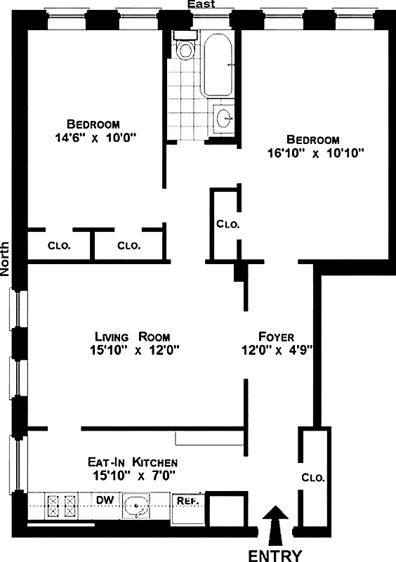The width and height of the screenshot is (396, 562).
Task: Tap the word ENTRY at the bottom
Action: pos(275,555)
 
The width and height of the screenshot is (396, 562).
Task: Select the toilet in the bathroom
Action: pos(185,49)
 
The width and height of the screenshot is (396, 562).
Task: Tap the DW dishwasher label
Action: pos(104,499)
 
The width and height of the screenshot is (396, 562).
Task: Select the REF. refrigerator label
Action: pos(185,501)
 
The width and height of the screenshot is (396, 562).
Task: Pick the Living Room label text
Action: pos(133,336)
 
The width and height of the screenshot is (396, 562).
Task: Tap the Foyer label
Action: pos(276,336)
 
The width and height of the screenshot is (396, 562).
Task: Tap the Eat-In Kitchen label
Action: pos(132,462)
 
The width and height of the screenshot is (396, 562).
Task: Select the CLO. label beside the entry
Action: pos(313,477)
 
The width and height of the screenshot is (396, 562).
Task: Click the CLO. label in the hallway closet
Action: pos(227,225)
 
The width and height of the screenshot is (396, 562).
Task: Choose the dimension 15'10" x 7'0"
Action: pos(132,476)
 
